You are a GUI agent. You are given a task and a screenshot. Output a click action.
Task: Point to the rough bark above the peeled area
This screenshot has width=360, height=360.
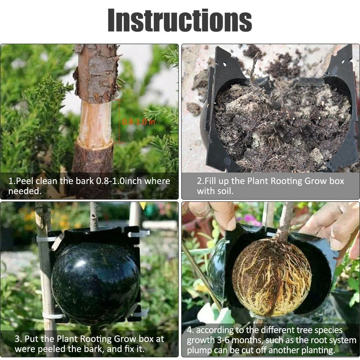[x=95, y=72]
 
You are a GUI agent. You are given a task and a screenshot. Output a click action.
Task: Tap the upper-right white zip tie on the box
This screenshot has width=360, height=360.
[x=139, y=234]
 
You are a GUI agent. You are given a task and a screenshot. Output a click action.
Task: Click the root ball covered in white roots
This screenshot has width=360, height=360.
[x=272, y=281]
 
